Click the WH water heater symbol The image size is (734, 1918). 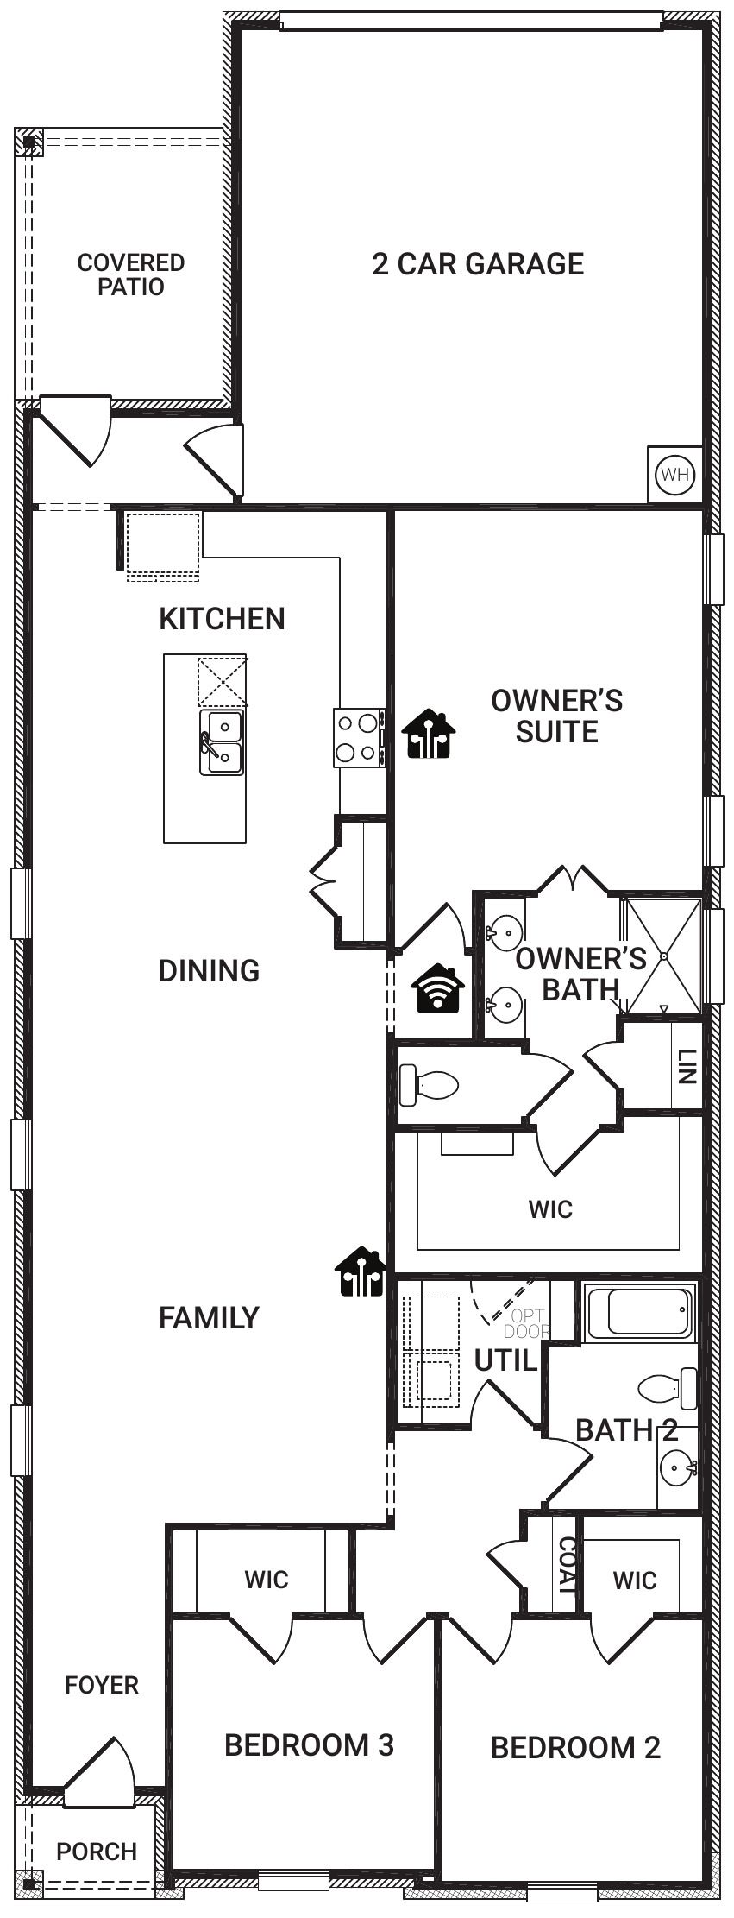[674, 474]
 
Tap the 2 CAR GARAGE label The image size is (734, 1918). [478, 263]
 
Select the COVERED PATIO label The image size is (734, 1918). [130, 274]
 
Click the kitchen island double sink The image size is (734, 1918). [222, 741]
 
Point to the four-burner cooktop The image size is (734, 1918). [359, 737]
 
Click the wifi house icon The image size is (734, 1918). [437, 987]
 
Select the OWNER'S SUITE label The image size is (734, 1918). [556, 716]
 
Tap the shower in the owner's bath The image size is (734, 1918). [663, 956]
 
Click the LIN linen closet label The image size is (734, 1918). [687, 1065]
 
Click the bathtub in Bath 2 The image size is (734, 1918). [640, 1311]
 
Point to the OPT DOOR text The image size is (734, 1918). [527, 1323]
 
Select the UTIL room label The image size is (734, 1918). [506, 1361]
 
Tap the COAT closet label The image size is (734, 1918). [567, 1565]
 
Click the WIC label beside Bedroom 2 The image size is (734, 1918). [635, 1580]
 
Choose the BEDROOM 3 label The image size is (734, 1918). [309, 1744]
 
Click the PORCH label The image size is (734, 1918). [97, 1852]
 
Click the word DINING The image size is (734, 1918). [209, 970]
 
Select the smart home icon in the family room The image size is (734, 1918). [360, 1271]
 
